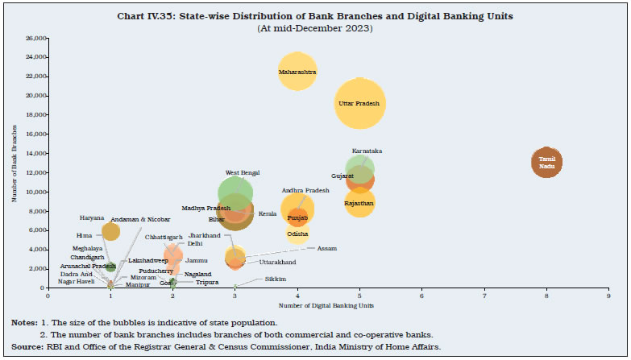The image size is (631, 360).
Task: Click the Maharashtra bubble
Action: [297, 72]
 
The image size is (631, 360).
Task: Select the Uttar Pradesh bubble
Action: [359, 103]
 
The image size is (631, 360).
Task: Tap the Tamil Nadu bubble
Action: [546, 162]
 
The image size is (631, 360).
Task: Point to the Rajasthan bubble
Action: [359, 203]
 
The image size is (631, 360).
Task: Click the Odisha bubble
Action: [297, 234]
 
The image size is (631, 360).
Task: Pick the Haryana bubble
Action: [110, 231]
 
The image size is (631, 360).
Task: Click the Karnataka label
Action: [367, 151]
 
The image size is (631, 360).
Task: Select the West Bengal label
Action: [243, 172]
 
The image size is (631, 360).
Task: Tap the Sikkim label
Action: [276, 279]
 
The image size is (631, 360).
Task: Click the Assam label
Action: [326, 248]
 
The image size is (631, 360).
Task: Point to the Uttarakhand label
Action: [277, 262]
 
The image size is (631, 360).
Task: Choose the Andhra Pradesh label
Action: [305, 190]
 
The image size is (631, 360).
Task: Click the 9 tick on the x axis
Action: [608, 296]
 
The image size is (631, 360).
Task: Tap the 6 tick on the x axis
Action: [422, 296]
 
